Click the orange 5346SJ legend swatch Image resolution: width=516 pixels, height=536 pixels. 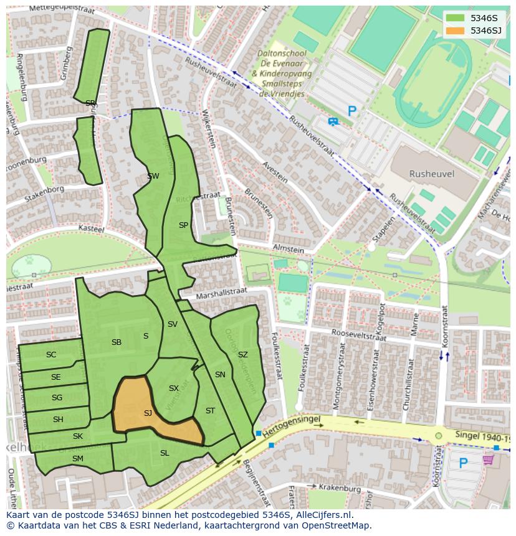(456, 31)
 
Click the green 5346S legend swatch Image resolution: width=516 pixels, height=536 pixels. (456, 18)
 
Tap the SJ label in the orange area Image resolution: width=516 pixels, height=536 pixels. (148, 413)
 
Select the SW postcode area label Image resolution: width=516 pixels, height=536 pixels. (153, 176)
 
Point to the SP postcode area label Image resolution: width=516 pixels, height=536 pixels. (183, 225)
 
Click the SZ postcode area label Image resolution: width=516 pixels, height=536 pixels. (242, 355)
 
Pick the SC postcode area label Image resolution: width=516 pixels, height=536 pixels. (51, 355)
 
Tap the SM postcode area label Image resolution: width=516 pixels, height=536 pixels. (77, 459)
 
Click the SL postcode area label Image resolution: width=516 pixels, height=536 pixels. (165, 453)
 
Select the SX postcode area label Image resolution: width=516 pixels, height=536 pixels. (173, 388)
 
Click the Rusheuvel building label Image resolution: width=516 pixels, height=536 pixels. (431, 174)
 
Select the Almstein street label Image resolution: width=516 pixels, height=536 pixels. (288, 249)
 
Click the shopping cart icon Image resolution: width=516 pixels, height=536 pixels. (488, 459)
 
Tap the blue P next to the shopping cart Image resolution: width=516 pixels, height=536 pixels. (463, 463)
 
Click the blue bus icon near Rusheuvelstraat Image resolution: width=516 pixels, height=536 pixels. (333, 121)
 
